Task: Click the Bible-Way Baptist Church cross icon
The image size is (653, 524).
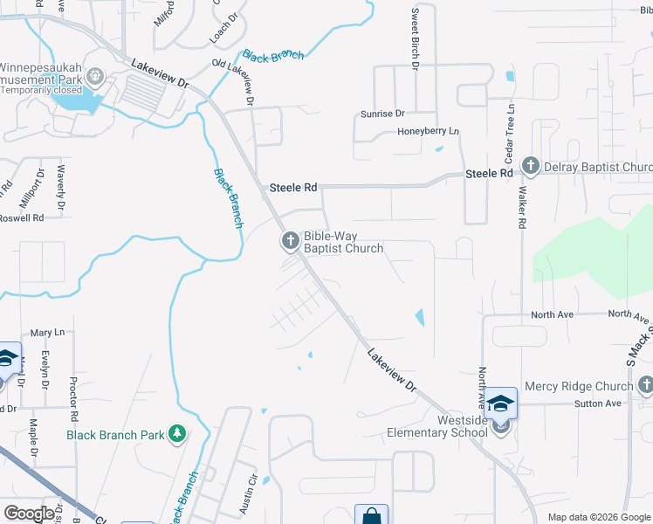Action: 289,240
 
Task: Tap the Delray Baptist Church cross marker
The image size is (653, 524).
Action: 529,165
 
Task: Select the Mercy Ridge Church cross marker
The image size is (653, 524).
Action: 644,385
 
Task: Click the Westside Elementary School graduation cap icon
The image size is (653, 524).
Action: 501,403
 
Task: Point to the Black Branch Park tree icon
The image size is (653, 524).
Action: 176,433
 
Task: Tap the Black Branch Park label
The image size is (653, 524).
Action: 116,434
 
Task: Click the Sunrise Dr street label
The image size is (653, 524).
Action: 383,114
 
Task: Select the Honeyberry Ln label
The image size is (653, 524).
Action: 428,132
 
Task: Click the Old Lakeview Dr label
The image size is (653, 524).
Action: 233,83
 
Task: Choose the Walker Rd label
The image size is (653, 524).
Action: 522,210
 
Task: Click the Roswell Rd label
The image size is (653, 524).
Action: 22,218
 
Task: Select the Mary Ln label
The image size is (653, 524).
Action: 47,333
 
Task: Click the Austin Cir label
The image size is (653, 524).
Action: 251,491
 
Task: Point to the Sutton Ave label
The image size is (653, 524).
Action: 597,403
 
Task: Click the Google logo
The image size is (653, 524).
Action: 29,514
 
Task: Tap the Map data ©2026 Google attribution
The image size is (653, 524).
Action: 598,517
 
